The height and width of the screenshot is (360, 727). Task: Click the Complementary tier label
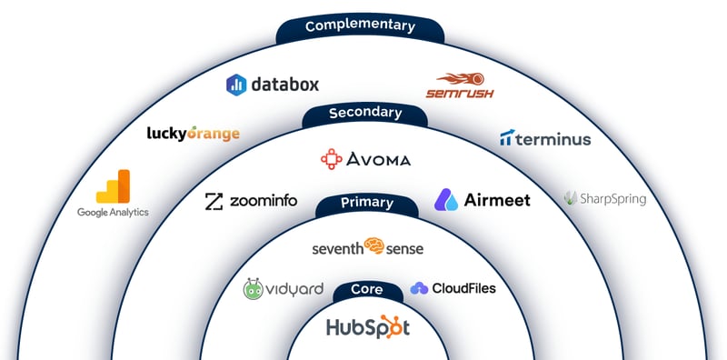tap(360, 25)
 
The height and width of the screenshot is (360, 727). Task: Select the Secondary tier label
tap(364, 113)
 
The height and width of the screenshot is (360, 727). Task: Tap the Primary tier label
tap(366, 203)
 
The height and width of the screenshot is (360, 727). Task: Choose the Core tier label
tap(367, 291)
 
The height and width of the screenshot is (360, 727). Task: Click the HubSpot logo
tap(368, 326)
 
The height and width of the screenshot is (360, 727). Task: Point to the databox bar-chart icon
tap(236, 85)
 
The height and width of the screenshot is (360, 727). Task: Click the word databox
tap(284, 85)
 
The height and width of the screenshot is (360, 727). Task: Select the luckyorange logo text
tap(194, 134)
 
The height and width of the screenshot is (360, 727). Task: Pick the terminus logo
tap(545, 139)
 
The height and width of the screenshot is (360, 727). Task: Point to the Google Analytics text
tap(113, 212)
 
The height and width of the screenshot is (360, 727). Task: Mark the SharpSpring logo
tap(604, 197)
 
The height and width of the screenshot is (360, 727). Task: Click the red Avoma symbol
tap(331, 159)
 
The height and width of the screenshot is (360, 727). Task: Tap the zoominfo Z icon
tap(214, 202)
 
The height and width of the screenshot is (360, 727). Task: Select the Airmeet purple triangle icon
tap(446, 199)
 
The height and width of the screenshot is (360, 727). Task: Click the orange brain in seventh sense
tap(375, 246)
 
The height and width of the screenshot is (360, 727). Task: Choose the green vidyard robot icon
tap(253, 289)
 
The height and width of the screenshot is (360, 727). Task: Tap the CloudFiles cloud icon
tap(419, 288)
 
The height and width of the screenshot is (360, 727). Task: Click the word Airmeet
tap(496, 200)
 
